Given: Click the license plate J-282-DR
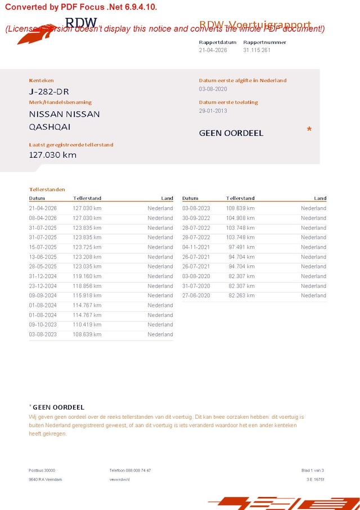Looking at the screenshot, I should click(49, 92).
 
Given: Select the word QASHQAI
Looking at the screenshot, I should click(49, 127).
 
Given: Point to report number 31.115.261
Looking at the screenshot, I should click(257, 50).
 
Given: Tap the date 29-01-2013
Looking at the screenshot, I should click(213, 111).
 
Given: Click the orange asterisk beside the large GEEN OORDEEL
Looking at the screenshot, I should click(309, 130).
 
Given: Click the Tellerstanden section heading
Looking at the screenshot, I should click(47, 190).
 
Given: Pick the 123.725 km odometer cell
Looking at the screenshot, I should click(87, 248).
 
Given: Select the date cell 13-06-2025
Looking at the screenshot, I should click(43, 257).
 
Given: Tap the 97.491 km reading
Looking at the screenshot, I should click(241, 248).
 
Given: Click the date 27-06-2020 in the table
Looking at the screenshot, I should click(196, 296).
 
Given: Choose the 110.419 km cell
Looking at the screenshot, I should click(87, 325).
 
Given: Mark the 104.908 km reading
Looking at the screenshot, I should click(240, 218).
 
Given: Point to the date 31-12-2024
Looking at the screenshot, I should click(43, 276).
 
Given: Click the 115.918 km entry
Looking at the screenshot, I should click(87, 296).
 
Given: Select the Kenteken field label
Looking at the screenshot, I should click(42, 80).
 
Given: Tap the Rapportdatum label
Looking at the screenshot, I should click(218, 42).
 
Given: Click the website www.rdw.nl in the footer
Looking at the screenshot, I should click(120, 479).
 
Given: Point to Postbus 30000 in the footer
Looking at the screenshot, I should click(42, 470).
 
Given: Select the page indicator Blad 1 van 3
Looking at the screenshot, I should click(313, 470).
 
